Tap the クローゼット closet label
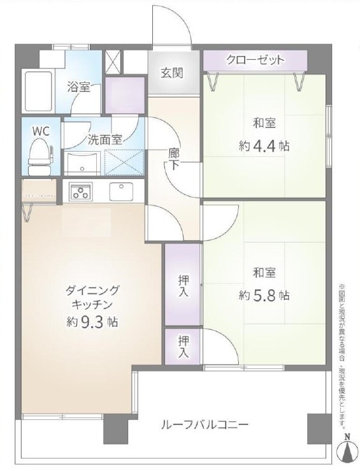pyautogui.click(x=255, y=61)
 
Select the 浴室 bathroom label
pyautogui.click(x=79, y=87)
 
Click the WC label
pyautogui.click(x=41, y=131)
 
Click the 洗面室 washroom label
pyautogui.click(x=105, y=138)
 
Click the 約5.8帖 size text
pyautogui.click(x=264, y=295)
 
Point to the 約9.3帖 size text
pyautogui.click(x=92, y=321)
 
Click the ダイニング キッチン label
pyautogui.click(x=92, y=297)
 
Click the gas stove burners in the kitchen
pyautogui.click(x=82, y=190)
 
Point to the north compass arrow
pyautogui.click(x=347, y=451)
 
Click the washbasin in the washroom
pyautogui.click(x=81, y=163)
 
